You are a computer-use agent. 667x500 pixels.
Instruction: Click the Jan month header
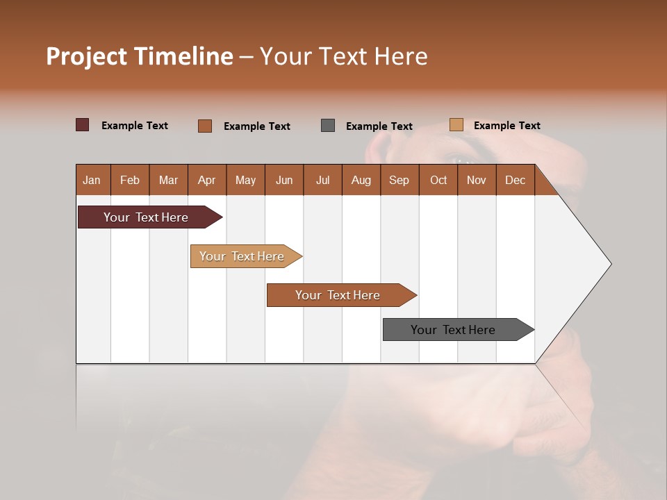click(x=92, y=180)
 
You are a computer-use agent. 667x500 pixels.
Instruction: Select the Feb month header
click(x=130, y=180)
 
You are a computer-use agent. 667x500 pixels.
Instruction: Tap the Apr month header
click(x=206, y=180)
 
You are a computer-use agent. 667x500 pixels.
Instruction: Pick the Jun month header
click(x=284, y=180)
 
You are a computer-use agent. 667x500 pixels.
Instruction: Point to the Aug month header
click(x=361, y=180)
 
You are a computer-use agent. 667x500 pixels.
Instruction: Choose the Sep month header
click(x=399, y=180)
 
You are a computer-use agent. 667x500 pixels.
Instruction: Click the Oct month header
click(x=438, y=180)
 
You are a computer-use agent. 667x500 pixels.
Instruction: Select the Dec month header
click(x=515, y=180)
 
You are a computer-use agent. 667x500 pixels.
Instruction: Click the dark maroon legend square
click(x=83, y=125)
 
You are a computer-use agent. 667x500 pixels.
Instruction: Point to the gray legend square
click(x=328, y=126)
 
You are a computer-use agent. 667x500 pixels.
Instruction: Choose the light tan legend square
click(x=456, y=125)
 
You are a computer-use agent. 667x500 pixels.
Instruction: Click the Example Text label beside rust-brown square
click(x=256, y=126)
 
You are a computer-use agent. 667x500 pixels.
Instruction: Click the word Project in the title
click(x=86, y=56)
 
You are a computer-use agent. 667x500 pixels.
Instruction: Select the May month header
click(x=245, y=180)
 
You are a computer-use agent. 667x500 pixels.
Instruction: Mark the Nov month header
click(x=476, y=180)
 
